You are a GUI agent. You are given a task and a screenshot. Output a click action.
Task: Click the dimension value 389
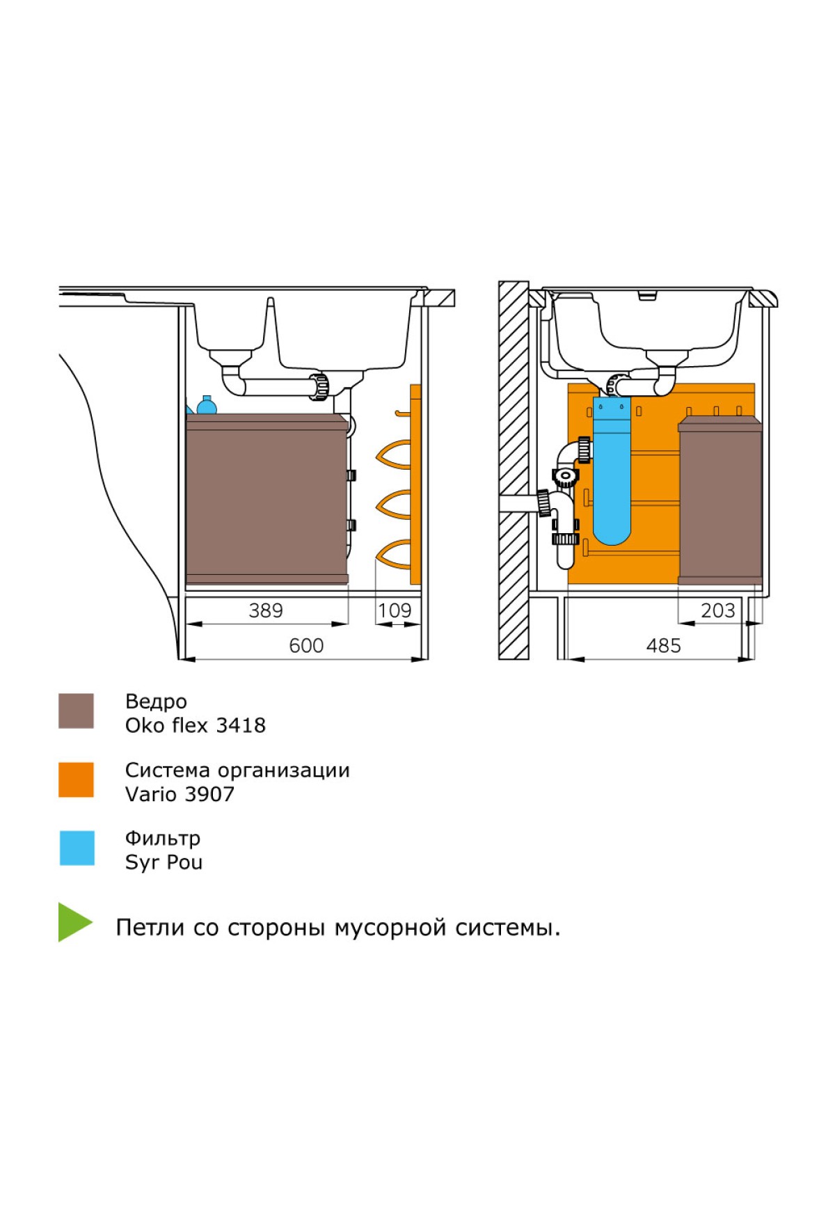point(266,610)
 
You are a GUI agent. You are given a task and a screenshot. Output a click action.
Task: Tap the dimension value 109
point(395,610)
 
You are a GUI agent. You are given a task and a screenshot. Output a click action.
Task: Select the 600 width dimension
point(306,646)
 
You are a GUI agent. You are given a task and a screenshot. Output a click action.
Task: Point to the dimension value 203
point(717,610)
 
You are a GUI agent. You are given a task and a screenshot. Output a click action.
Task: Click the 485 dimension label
point(663,646)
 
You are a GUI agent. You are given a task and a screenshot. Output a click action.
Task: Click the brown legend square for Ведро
point(76,711)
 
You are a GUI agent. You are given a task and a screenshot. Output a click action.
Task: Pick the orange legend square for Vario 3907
point(76,780)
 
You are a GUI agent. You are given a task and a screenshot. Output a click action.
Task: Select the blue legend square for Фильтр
point(77,848)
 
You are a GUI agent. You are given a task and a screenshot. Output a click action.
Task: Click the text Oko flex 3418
point(195,725)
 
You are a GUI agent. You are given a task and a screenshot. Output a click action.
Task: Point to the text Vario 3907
point(180,794)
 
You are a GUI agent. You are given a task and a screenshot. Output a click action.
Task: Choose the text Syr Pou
point(164,862)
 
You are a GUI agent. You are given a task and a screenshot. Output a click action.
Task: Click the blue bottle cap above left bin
point(207,405)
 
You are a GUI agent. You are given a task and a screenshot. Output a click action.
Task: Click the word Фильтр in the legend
point(162,838)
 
